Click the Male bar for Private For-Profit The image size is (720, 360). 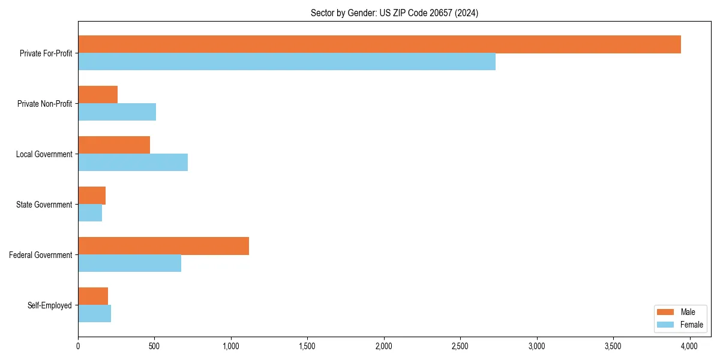pyautogui.click(x=379, y=44)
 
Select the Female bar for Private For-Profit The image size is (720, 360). pyautogui.click(x=287, y=62)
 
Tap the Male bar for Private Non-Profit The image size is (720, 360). pyautogui.click(x=98, y=95)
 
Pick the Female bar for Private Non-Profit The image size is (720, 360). pyautogui.click(x=117, y=112)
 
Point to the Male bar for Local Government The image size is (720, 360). pyautogui.click(x=114, y=145)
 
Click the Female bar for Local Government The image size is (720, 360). pyautogui.click(x=133, y=163)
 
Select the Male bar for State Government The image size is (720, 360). pyautogui.click(x=92, y=196)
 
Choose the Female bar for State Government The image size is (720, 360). pyautogui.click(x=90, y=213)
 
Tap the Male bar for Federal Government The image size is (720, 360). pyautogui.click(x=163, y=246)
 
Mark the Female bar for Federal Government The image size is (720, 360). pyautogui.click(x=130, y=263)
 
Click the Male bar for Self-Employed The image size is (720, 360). pyautogui.click(x=93, y=296)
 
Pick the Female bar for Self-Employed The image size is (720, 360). pyautogui.click(x=94, y=314)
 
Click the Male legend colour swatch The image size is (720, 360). pyautogui.click(x=665, y=312)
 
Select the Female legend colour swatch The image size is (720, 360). pyautogui.click(x=665, y=325)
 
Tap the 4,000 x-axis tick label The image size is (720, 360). pyautogui.click(x=689, y=346)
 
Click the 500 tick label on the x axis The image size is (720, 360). pyautogui.click(x=154, y=346)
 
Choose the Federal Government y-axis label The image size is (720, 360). pyautogui.click(x=41, y=255)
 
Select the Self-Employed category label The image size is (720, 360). pyautogui.click(x=50, y=305)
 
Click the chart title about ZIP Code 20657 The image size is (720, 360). pyautogui.click(x=394, y=13)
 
